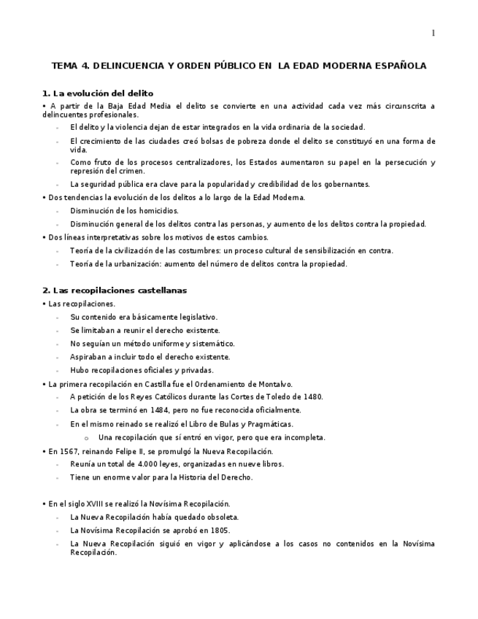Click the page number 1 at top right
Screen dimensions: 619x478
tap(433, 33)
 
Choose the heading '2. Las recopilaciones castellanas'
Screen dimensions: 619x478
tap(115, 290)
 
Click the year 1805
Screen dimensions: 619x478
tap(219, 530)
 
